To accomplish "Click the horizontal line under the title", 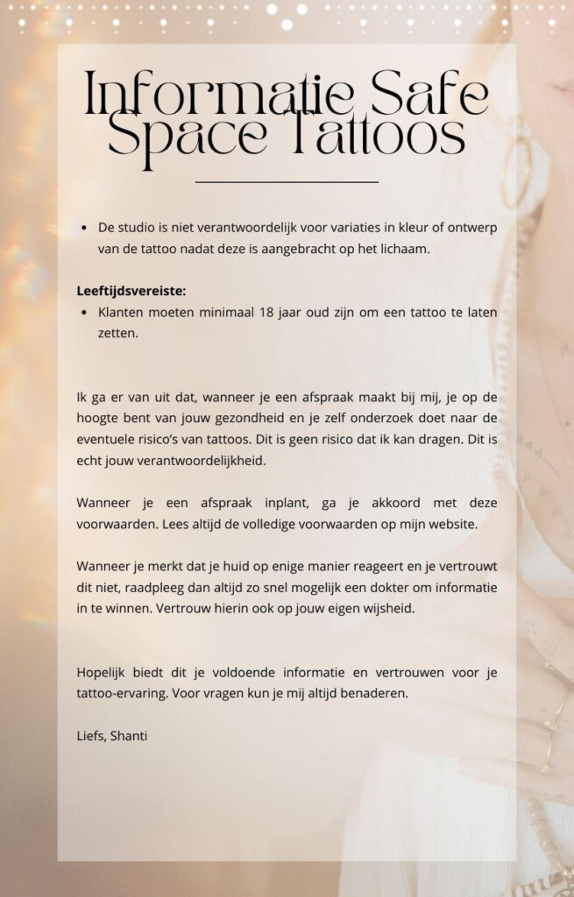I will point(287,182).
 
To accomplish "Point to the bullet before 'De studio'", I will point(82,228).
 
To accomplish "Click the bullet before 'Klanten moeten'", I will point(82,313).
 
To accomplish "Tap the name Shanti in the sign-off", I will point(129,736).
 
